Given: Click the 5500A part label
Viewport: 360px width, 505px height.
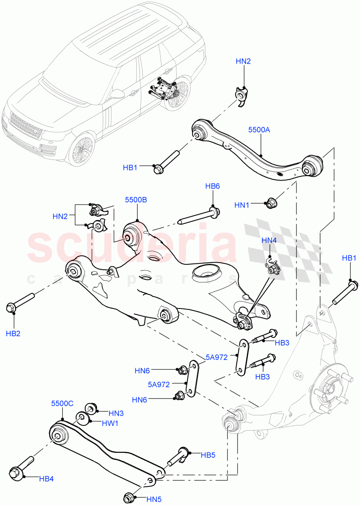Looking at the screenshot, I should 259,130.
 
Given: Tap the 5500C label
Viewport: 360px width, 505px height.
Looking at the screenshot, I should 62,403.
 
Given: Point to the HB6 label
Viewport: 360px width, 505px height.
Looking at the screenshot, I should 212,186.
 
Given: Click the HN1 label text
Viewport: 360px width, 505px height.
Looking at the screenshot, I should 242,205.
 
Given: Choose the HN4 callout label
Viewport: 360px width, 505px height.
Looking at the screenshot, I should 269,240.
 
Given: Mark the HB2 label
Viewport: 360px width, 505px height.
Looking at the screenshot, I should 13,333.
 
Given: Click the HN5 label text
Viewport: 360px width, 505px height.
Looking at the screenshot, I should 154,500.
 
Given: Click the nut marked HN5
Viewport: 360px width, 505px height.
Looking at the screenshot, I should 130,496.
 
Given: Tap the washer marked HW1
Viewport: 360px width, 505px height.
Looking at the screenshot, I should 82,418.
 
